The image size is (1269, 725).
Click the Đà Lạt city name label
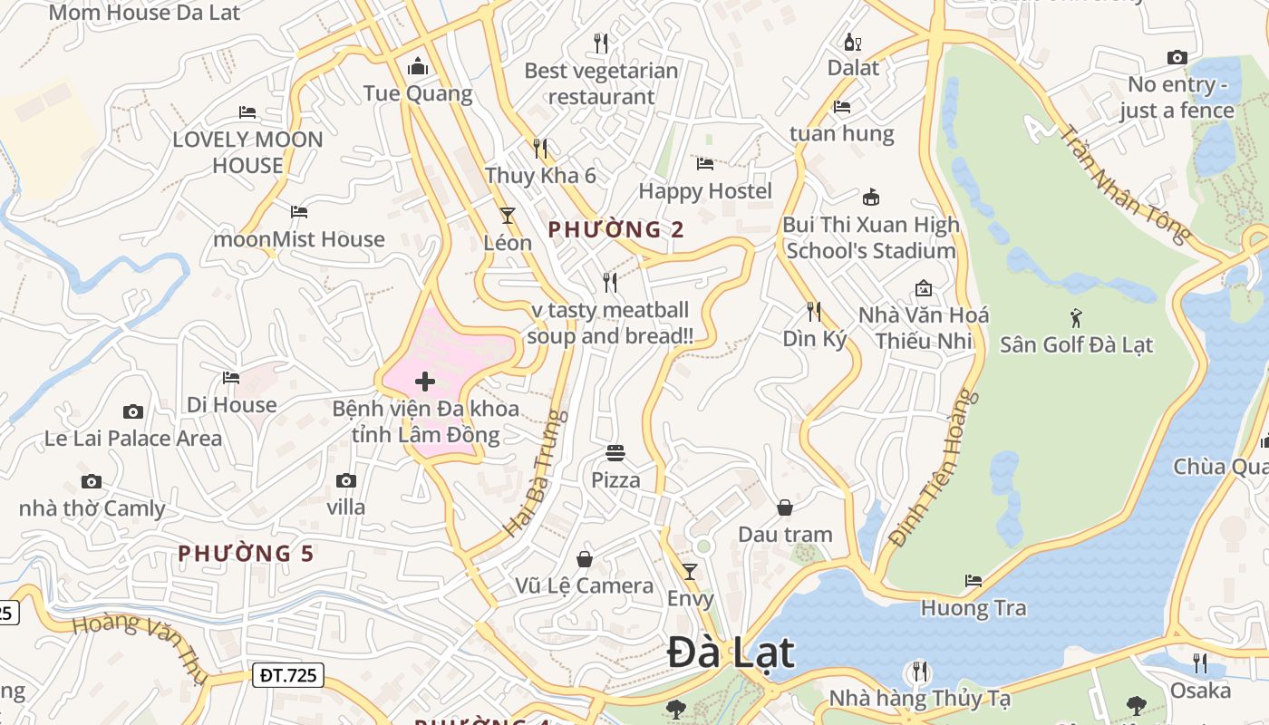coord(731,653)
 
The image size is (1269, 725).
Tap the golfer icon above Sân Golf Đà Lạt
coord(1076,318)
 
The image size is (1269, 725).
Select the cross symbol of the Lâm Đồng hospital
coord(424,382)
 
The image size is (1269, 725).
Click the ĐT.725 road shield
coord(287,674)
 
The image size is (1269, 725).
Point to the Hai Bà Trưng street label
coord(536,473)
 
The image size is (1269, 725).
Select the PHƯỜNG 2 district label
coord(615,230)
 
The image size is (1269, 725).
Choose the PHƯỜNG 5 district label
coord(246,554)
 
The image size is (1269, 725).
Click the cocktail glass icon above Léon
coord(507,215)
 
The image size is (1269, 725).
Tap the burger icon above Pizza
coord(615,452)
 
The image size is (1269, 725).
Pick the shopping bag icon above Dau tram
coord(785,507)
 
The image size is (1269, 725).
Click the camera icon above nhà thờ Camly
coord(91,481)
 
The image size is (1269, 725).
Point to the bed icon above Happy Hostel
coord(705,164)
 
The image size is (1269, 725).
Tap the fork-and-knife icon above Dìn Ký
coord(814,312)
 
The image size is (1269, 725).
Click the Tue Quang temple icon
coord(418,66)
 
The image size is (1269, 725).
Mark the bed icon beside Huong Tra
coord(974,580)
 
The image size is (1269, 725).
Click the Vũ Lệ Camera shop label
coord(585,586)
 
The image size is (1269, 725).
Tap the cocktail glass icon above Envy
coord(690,571)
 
